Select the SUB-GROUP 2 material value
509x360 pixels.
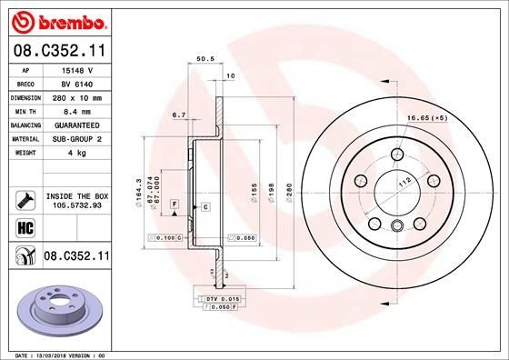point(76,138)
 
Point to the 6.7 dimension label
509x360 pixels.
point(178,115)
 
